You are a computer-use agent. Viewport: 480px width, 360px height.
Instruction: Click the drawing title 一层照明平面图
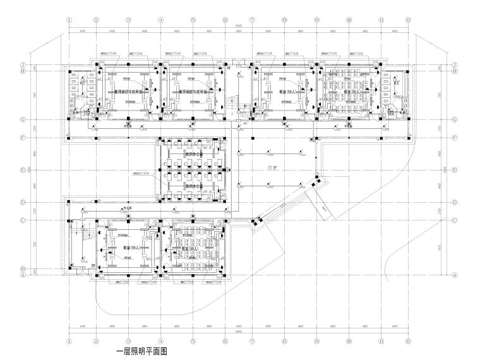click(x=141, y=352)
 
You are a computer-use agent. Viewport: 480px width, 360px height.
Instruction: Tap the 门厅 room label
click(x=272, y=168)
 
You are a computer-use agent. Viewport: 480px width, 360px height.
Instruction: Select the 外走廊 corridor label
click(x=127, y=207)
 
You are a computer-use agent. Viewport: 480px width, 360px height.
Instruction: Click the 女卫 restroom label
click(x=83, y=82)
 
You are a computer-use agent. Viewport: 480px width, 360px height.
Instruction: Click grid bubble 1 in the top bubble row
click(x=68, y=20)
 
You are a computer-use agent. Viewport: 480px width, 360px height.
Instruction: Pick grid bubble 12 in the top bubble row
click(x=409, y=20)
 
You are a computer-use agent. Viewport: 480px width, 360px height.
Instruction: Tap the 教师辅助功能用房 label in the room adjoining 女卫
click(x=128, y=92)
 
